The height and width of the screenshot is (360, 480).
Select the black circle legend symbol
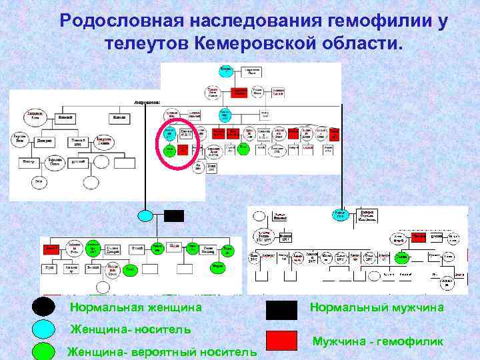coord(44,307)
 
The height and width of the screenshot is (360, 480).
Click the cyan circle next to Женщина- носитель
coord(44,329)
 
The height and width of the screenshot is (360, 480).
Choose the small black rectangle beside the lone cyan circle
coord(173,215)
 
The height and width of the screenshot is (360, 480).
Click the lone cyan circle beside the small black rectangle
coord(146,215)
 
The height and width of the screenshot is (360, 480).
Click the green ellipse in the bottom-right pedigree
coord(401,257)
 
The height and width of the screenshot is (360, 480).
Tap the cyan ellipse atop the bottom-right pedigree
coord(341,215)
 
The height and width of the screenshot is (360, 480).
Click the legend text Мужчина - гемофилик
coord(378,341)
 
